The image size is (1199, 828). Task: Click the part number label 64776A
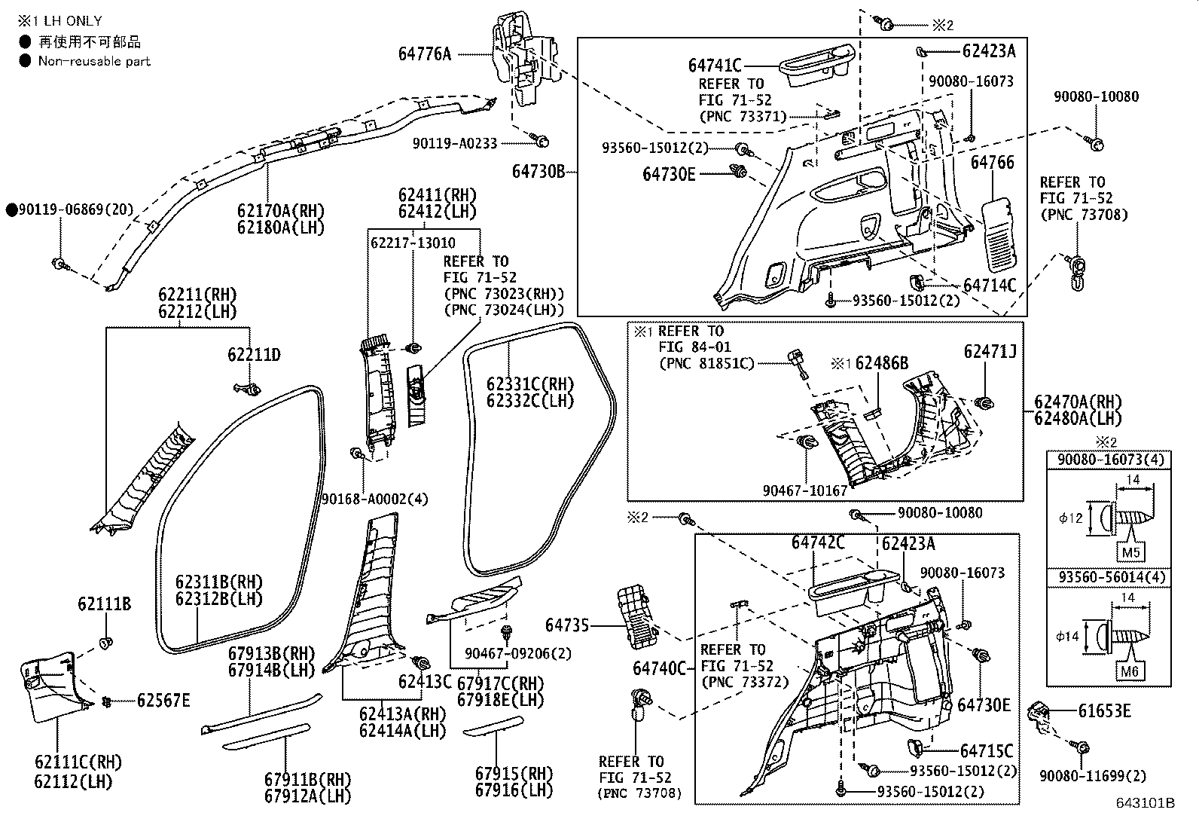point(425,53)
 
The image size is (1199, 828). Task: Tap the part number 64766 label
point(992,163)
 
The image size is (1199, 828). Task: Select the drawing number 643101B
point(1146,803)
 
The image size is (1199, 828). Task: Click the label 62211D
point(254,354)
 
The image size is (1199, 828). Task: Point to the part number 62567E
point(163,701)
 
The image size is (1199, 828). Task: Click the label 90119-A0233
point(455,142)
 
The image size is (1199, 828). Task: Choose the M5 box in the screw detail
point(1132,552)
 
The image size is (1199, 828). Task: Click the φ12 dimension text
point(1070,519)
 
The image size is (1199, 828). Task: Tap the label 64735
point(567,625)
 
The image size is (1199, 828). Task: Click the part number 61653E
point(1104,711)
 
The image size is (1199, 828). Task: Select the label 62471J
point(990,352)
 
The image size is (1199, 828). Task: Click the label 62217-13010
point(413,243)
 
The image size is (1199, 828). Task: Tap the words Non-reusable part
point(94,61)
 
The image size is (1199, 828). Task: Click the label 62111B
point(104,604)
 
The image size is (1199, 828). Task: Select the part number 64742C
point(818,542)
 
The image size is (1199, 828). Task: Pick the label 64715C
point(987,751)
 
